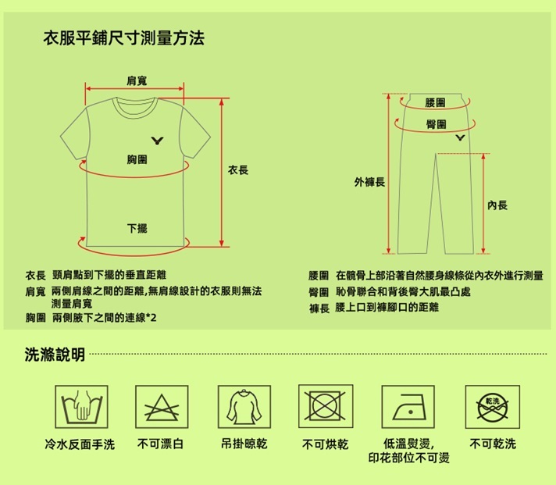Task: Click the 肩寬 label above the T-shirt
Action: coord(137,81)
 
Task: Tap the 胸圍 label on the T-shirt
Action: coord(137,159)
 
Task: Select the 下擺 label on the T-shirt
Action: coord(137,228)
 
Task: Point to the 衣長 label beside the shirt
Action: coord(238,170)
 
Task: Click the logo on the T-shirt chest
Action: coord(158,141)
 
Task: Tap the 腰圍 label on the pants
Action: coord(435,103)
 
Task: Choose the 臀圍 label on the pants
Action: coord(436,124)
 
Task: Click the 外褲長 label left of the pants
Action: coord(369,182)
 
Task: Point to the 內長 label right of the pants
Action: coord(497,205)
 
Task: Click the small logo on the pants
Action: coord(460,137)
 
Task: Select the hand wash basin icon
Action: coord(81,407)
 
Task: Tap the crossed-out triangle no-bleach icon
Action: coord(162,407)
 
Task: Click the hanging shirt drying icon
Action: coord(244,407)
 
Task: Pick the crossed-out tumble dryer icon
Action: coord(326,406)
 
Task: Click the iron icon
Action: coord(408,407)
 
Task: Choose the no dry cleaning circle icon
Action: coord(493,407)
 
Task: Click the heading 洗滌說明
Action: coord(55,354)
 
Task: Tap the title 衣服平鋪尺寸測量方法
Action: coord(123,38)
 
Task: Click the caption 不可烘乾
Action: coord(325,444)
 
